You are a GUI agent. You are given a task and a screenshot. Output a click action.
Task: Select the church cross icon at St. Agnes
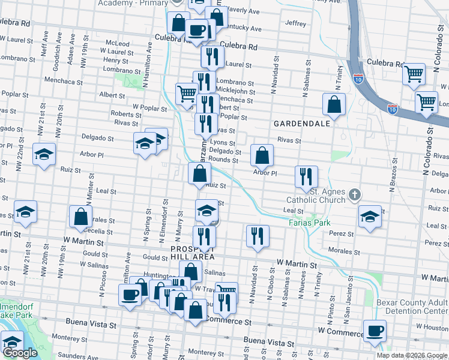coord(355,194)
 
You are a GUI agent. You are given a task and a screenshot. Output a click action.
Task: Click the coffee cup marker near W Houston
coord(375,331)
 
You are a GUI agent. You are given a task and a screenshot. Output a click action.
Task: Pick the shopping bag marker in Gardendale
coord(334,104)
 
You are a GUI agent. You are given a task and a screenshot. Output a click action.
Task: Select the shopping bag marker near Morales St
coord(80,217)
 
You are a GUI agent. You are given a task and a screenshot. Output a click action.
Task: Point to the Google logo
coord(20,353)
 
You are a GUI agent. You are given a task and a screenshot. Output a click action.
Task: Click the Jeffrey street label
coord(296,23)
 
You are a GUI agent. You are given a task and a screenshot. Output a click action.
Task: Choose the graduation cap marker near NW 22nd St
coord(44,155)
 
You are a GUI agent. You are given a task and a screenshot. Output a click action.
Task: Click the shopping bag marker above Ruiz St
coord(199,173)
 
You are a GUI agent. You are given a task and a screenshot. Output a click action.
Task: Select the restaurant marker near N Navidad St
coord(258,235)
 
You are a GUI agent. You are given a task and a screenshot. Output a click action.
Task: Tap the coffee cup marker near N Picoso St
coord(130,294)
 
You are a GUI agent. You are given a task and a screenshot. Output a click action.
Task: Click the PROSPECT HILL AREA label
coord(192,252)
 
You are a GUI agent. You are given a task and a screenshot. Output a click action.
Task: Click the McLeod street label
coord(117,44)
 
